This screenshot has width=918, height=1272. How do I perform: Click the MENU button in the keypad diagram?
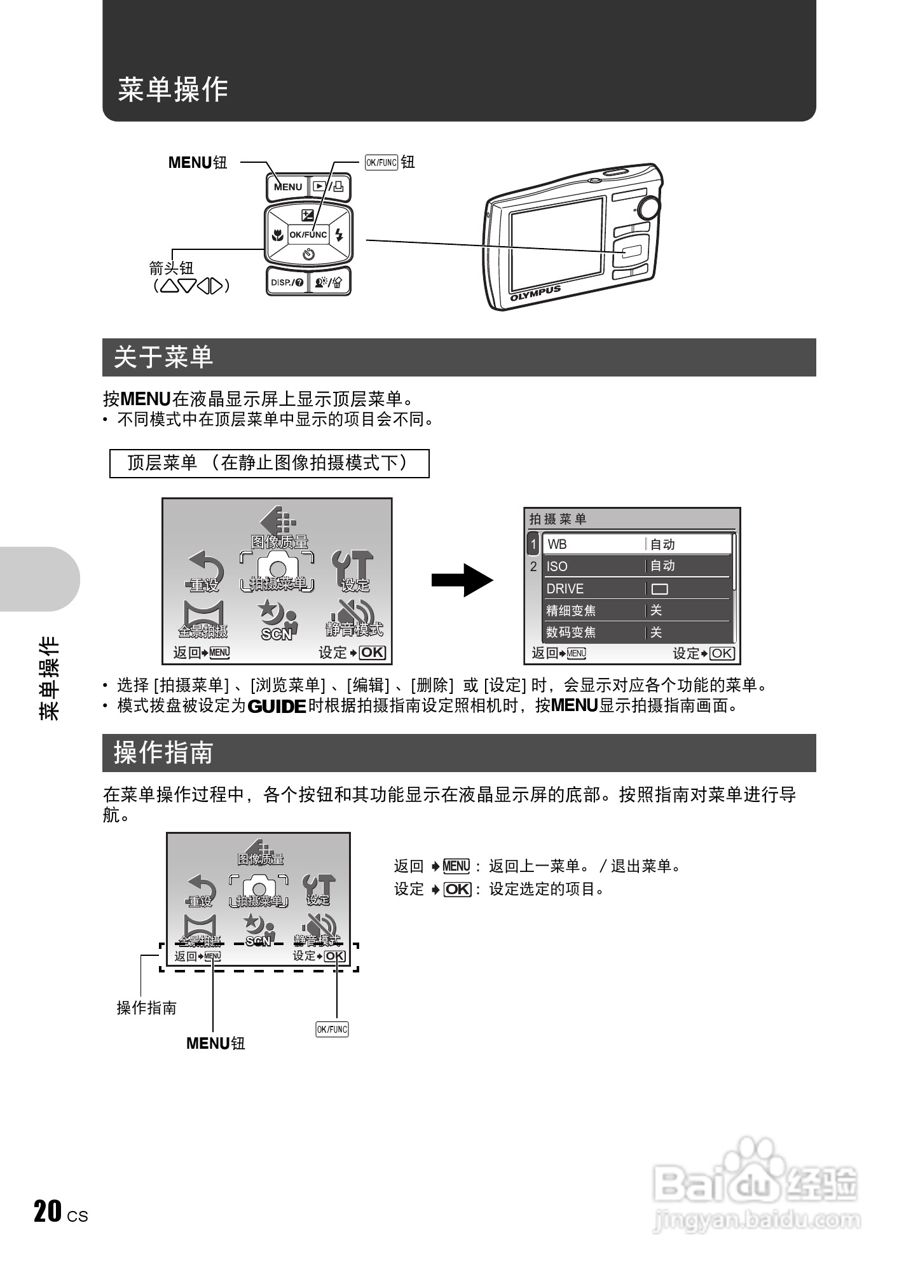tap(287, 187)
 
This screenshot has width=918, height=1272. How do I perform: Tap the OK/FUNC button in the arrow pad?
tap(308, 235)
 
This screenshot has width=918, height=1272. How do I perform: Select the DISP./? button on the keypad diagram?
tap(287, 282)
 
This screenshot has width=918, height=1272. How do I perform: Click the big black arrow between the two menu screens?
tap(462, 580)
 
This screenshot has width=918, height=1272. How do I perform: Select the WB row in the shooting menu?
tap(636, 544)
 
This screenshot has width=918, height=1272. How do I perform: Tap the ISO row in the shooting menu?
tap(636, 566)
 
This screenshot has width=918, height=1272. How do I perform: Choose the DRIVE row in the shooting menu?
tap(636, 588)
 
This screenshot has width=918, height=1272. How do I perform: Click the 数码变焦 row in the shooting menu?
tap(636, 632)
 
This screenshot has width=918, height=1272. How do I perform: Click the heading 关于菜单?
tap(163, 357)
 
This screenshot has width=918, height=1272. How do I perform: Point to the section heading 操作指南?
tap(163, 753)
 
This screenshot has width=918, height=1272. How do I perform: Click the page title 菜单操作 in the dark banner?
tap(173, 90)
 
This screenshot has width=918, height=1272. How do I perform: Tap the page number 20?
tap(48, 1212)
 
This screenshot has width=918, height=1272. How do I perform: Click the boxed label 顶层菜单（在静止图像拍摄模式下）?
tap(269, 463)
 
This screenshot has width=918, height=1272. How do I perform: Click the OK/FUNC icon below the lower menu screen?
tap(332, 1029)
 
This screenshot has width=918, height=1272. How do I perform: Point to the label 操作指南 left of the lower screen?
tap(146, 1007)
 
